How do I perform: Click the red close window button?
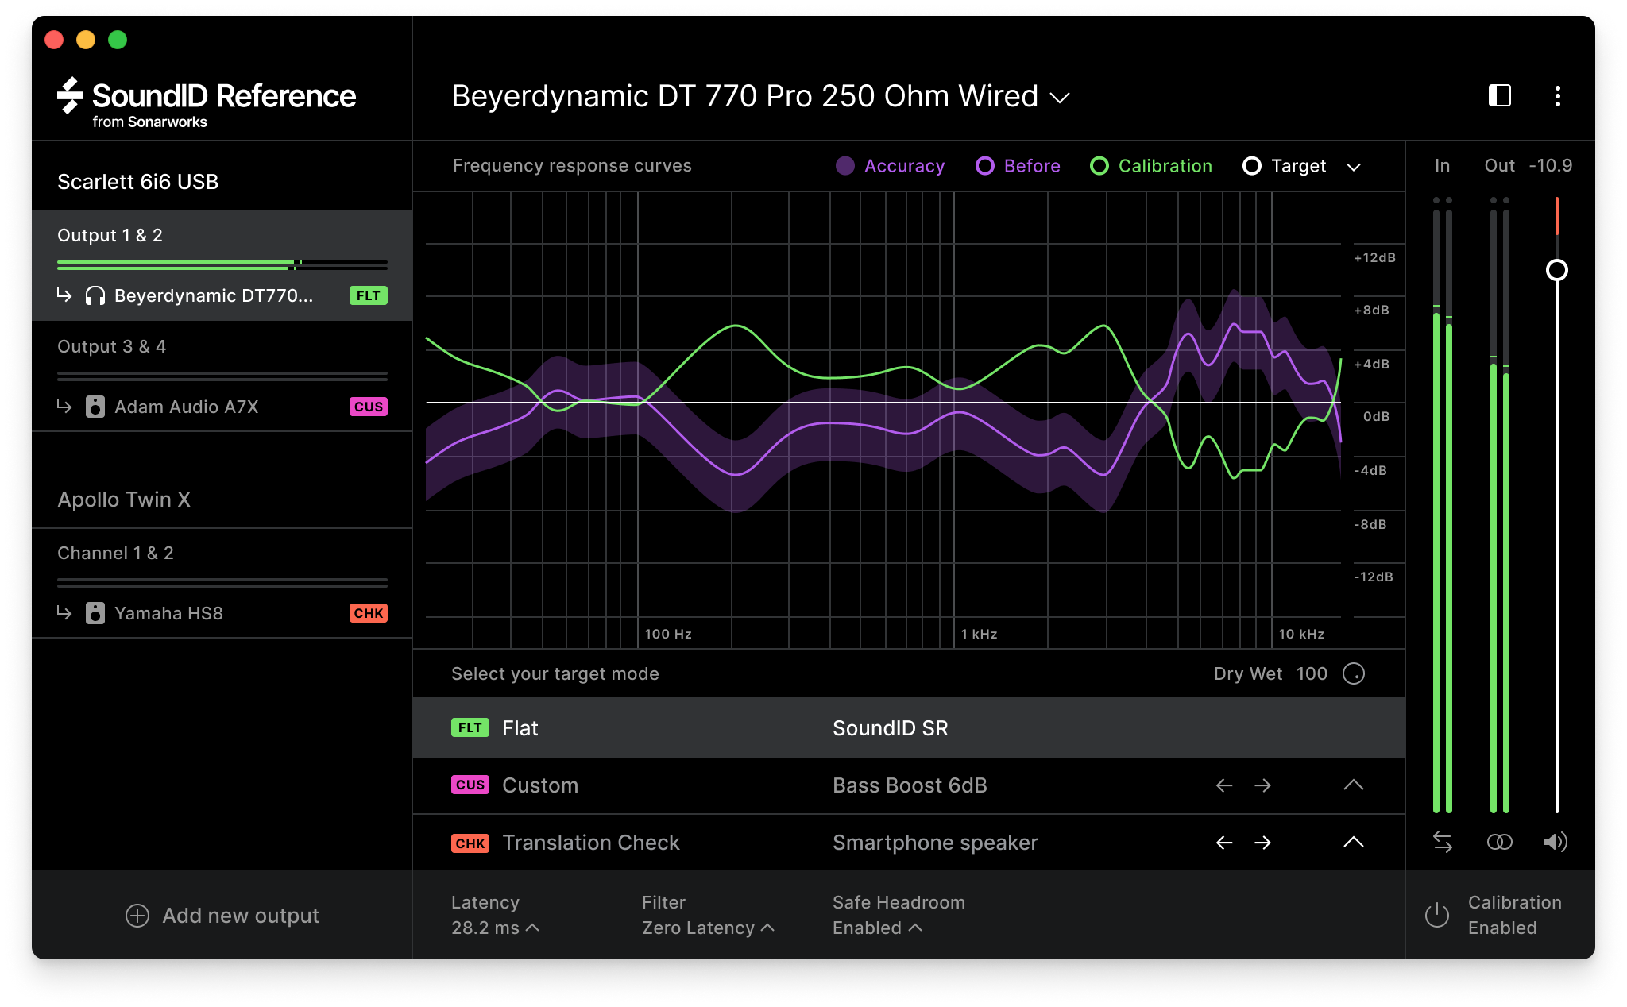click(54, 40)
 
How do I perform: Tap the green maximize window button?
click(118, 40)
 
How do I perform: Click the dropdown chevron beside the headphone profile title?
click(1060, 98)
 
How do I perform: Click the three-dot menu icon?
click(1557, 96)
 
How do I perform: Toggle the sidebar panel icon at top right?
click(1499, 96)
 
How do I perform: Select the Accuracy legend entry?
click(891, 166)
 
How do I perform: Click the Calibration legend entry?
click(1151, 166)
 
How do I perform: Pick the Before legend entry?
click(1018, 166)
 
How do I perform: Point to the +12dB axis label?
click(1374, 258)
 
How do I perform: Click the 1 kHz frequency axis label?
click(979, 634)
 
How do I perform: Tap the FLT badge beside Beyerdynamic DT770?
click(368, 295)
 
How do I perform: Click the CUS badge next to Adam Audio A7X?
click(368, 407)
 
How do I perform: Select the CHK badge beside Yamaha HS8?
click(368, 613)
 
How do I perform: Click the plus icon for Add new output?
click(137, 916)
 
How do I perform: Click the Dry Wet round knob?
click(1353, 674)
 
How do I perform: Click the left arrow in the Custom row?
click(1224, 785)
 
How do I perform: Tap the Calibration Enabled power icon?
click(1437, 915)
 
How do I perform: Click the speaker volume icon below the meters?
click(1556, 842)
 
